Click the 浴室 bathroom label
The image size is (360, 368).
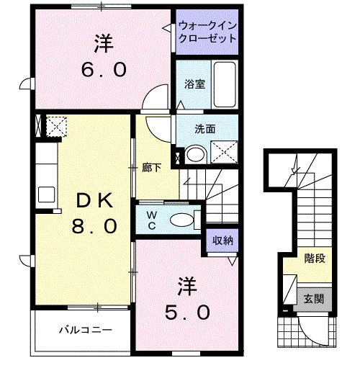194,84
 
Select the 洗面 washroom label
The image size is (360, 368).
205,130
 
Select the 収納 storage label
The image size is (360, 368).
222,241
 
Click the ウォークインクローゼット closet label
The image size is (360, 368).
207,32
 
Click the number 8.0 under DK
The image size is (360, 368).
93,226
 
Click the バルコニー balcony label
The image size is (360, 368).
85,330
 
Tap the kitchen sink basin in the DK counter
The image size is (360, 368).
45,193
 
